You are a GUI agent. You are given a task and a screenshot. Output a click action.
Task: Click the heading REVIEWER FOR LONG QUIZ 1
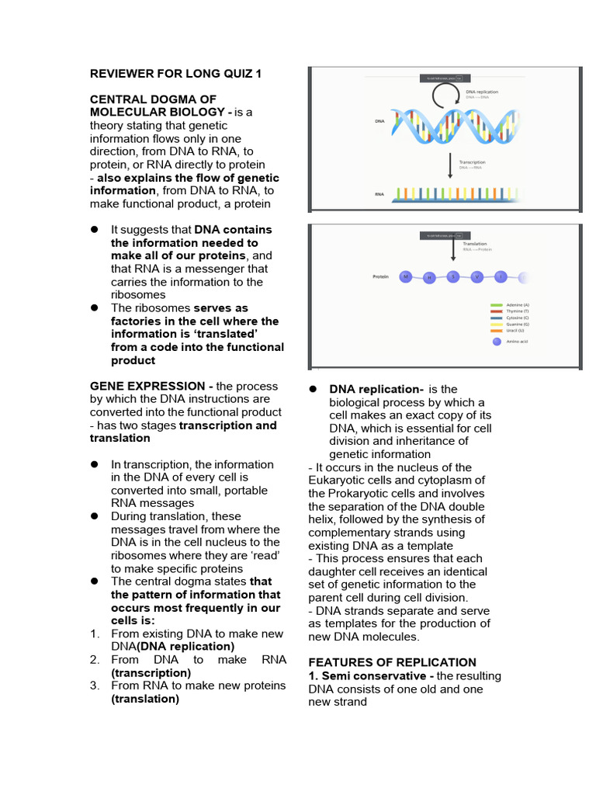click(176, 74)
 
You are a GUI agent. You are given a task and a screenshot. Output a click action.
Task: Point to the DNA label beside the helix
click(379, 122)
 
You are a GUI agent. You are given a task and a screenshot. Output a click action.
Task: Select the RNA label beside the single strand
click(379, 195)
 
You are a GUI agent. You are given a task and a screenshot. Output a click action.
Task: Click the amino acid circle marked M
click(405, 276)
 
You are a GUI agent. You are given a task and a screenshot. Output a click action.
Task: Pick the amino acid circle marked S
click(454, 276)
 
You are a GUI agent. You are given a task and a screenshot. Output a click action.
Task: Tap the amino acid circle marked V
click(478, 276)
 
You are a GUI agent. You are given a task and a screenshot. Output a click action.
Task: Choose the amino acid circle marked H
click(429, 277)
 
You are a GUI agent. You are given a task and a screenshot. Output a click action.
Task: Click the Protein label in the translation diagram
click(380, 276)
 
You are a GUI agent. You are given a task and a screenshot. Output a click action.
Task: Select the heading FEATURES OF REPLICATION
click(392, 662)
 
